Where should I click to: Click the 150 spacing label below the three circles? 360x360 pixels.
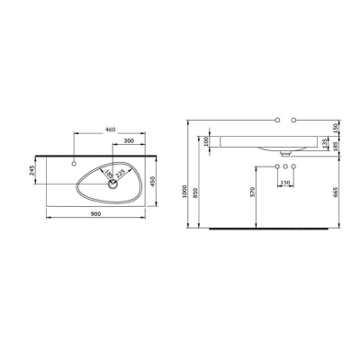point(284,183)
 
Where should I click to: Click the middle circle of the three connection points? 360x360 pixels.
point(284,168)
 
